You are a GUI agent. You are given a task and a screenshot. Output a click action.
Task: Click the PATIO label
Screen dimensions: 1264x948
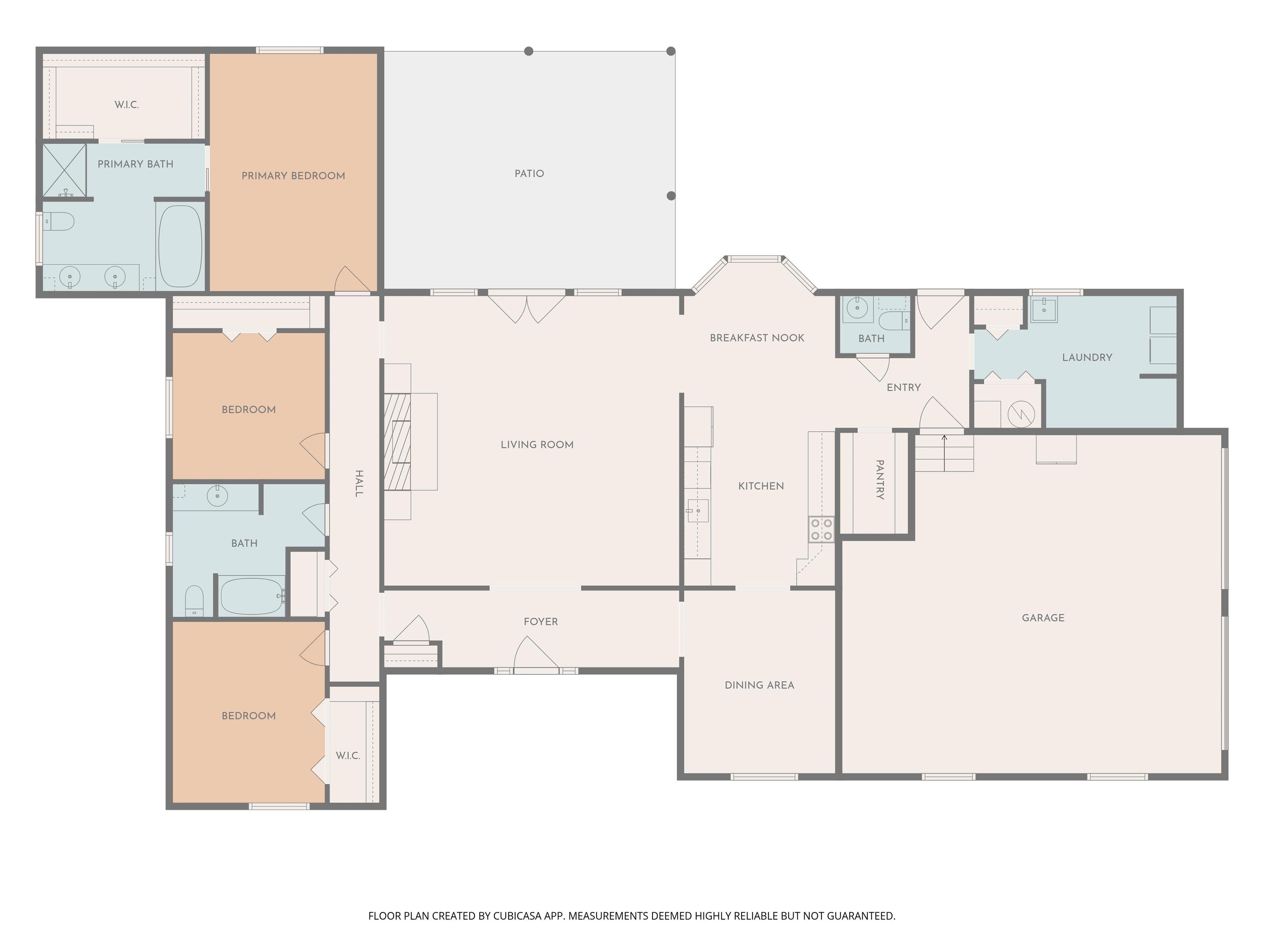(x=529, y=174)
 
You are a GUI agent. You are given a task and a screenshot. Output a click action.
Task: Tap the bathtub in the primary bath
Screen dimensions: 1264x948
(x=180, y=246)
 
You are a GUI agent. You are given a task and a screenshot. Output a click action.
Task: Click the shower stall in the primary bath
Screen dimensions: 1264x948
(x=65, y=170)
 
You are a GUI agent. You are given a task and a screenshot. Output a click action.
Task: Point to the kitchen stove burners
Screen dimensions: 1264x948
(x=821, y=529)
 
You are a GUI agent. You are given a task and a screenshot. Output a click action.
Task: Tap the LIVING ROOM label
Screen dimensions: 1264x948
(x=537, y=444)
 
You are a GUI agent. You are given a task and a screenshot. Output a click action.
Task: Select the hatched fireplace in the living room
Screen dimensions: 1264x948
(x=397, y=442)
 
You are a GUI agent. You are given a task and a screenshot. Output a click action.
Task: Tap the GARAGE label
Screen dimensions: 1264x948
(x=1043, y=618)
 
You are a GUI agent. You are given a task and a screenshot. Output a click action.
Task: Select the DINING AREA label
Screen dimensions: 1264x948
(x=760, y=685)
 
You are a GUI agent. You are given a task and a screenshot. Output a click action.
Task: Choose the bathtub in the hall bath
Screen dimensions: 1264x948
(x=252, y=596)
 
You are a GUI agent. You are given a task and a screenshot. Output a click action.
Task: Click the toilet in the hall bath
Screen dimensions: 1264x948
(x=194, y=601)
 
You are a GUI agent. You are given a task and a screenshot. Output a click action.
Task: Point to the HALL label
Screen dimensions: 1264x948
(x=359, y=483)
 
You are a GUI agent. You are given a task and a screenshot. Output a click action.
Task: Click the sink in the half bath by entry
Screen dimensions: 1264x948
(x=857, y=307)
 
